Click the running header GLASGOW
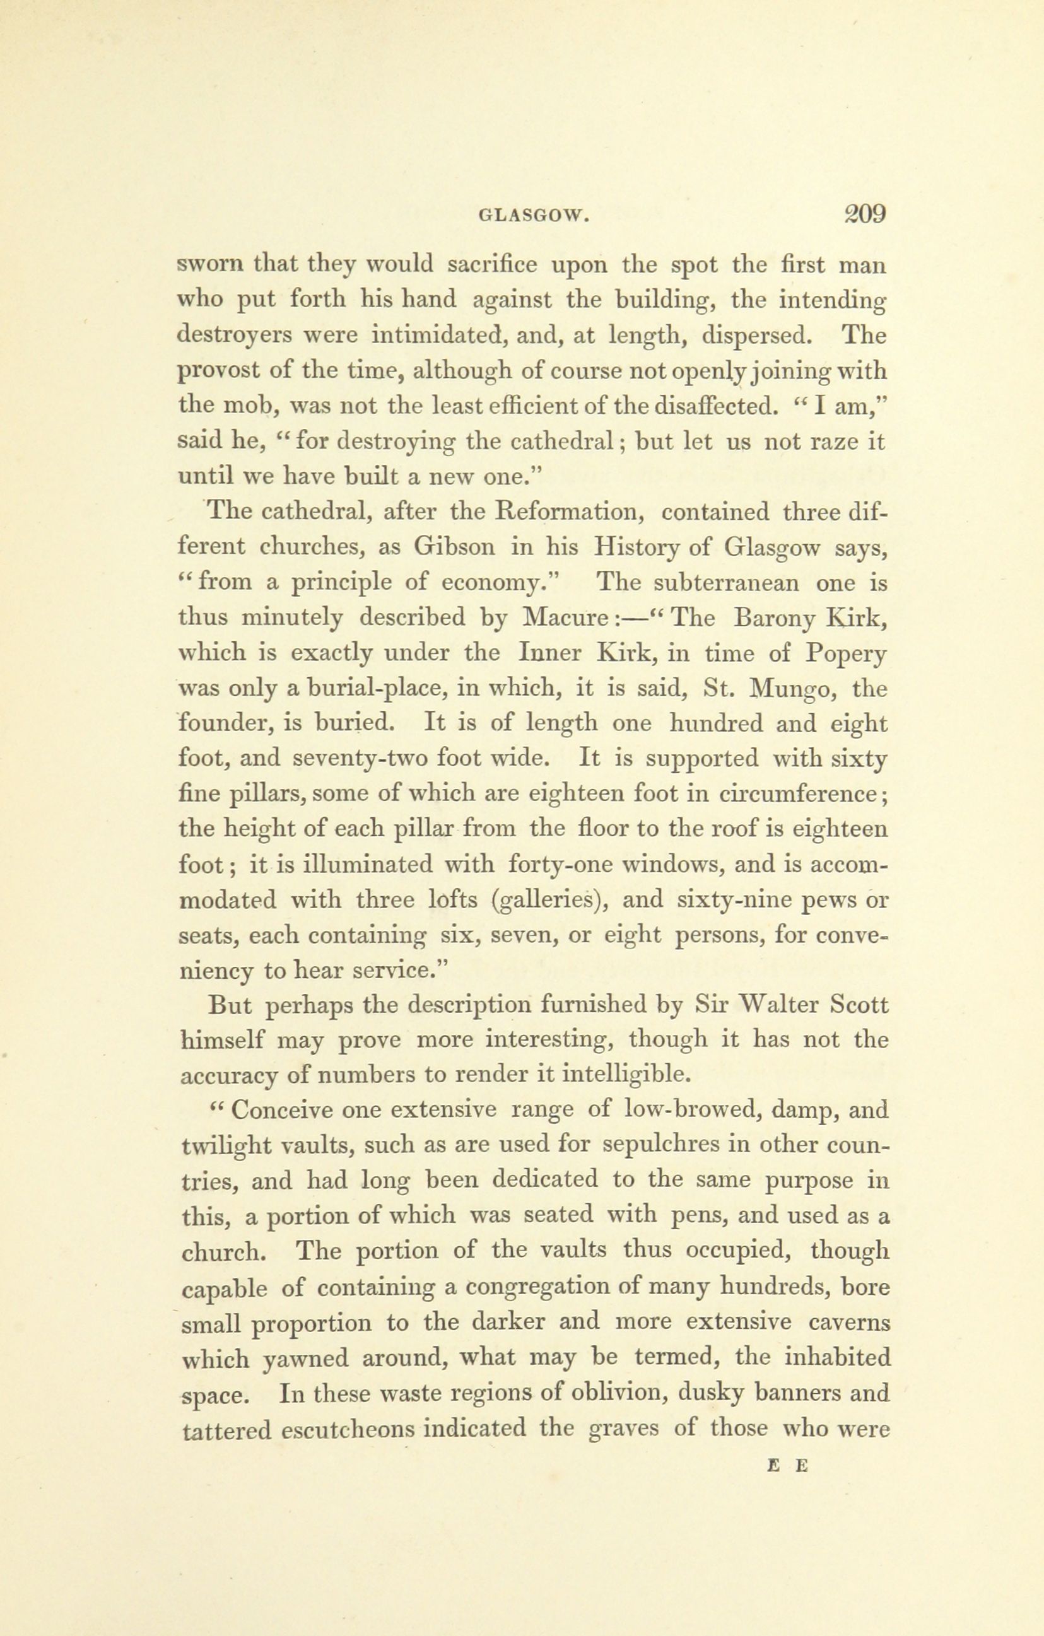[x=532, y=217]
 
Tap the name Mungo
[x=791, y=689]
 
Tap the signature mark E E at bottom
[x=788, y=1467]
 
